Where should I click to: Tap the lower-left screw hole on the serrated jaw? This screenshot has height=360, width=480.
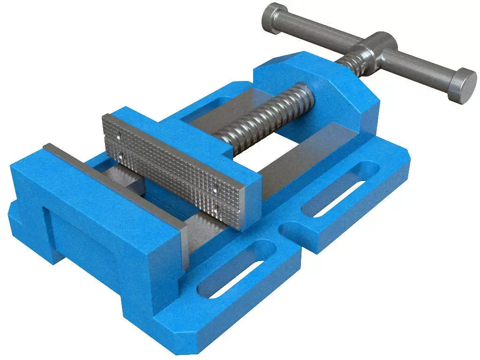(121, 153)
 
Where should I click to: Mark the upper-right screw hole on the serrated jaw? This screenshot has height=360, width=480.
(216, 188)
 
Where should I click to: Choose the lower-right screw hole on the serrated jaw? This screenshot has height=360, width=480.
(216, 206)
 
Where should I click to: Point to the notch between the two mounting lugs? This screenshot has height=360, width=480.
(293, 234)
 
